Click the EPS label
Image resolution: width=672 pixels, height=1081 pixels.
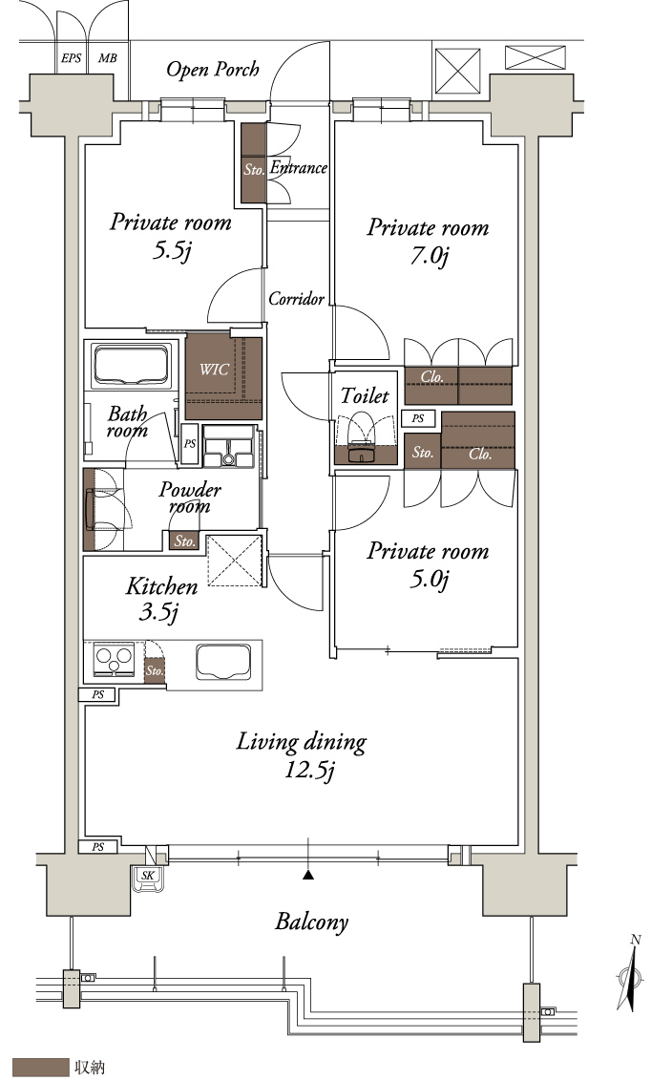pyautogui.click(x=71, y=58)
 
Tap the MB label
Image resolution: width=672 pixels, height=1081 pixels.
pyautogui.click(x=108, y=58)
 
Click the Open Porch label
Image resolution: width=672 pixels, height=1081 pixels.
pyautogui.click(x=213, y=69)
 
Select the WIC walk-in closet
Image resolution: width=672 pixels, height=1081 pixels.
pyautogui.click(x=223, y=376)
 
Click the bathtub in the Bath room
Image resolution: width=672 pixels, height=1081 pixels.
pyautogui.click(x=132, y=365)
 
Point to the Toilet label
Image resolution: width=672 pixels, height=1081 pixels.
pyautogui.click(x=365, y=395)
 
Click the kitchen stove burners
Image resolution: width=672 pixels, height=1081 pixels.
pyautogui.click(x=115, y=659)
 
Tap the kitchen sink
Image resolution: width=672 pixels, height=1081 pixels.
pyautogui.click(x=223, y=662)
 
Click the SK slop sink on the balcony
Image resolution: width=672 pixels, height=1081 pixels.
pyautogui.click(x=148, y=879)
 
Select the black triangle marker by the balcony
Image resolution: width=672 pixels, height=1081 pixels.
pyautogui.click(x=308, y=875)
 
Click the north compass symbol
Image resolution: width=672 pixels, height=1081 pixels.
pyautogui.click(x=631, y=976)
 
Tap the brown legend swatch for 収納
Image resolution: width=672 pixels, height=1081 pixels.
pyautogui.click(x=41, y=1068)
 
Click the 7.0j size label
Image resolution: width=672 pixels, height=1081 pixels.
pyautogui.click(x=430, y=257)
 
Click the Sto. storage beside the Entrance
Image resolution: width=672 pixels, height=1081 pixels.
pyautogui.click(x=254, y=162)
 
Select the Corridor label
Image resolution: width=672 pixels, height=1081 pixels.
pyautogui.click(x=296, y=299)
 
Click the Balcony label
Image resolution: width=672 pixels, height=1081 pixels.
pyautogui.click(x=311, y=922)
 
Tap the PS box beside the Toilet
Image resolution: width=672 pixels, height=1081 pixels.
pyautogui.click(x=418, y=418)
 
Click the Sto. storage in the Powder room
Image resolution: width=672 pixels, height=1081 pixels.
pyautogui.click(x=184, y=541)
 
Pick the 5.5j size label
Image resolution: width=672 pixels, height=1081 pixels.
pyautogui.click(x=171, y=250)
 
